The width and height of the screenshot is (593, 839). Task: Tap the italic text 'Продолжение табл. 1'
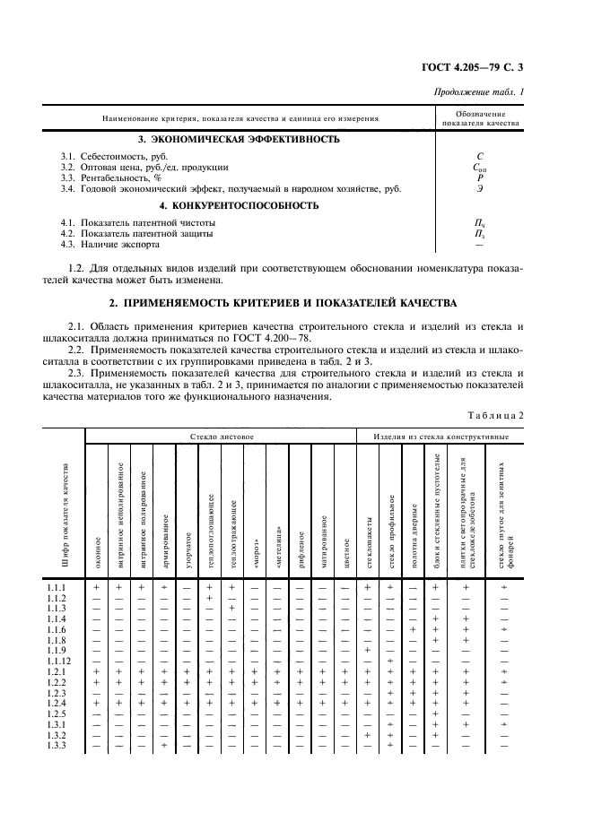coord(479,92)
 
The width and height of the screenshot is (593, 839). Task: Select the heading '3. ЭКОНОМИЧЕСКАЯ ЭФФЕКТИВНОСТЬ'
coord(239,139)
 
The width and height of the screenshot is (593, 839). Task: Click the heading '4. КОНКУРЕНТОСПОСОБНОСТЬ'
coord(239,205)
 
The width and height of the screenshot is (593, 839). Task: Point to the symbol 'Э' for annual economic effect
coord(480,188)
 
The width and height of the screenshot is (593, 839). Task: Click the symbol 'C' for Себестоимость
coord(480,156)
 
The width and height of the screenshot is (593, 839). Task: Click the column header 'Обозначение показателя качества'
coord(481,118)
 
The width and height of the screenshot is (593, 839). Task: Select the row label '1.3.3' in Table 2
coord(57,746)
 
